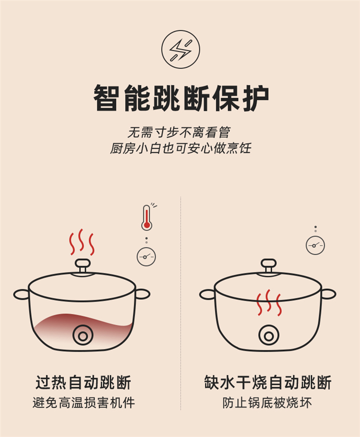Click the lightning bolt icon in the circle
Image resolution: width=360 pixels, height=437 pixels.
coord(180,49)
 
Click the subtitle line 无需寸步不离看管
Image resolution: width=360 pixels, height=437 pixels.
coord(179,132)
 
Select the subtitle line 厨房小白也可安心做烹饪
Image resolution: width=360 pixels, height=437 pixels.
coord(180,148)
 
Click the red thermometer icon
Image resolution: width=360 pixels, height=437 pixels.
coord(147,217)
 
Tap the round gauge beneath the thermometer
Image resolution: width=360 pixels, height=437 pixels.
coord(146,257)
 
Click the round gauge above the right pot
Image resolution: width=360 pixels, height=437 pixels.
coord(315,245)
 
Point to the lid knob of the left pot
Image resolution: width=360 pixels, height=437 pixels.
coord(83,266)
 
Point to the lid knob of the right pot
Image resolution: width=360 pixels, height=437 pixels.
coord(268,266)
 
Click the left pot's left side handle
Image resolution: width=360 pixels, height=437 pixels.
coord(21,295)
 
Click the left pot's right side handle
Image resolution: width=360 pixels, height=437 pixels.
coord(143,294)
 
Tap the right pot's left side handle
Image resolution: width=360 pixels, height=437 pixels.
coord(207,295)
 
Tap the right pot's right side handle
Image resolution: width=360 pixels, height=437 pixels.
coord(328,294)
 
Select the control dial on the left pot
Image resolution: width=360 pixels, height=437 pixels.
coord(83,336)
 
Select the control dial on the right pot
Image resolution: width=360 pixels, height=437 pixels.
coord(268,336)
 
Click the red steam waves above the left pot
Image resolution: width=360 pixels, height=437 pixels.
coord(82,242)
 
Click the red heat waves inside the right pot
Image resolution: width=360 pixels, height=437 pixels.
coord(268,302)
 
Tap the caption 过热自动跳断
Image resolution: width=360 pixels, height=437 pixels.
coord(83,382)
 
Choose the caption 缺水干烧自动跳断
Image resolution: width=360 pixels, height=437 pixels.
coord(268,382)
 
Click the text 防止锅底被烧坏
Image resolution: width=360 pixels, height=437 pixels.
coord(267,403)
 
